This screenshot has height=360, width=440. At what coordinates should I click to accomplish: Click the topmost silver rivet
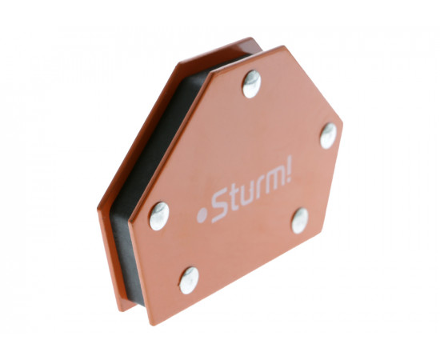pos(252,84)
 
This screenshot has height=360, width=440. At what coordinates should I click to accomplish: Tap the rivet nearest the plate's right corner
pos(328,136)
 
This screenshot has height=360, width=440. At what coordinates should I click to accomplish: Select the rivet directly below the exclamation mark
pos(300,221)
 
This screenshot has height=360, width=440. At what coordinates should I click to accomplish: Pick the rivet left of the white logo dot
pos(159,216)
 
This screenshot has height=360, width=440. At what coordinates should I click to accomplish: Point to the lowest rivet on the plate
pos(189,280)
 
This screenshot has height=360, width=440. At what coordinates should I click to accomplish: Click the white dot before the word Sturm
pos(202,216)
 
